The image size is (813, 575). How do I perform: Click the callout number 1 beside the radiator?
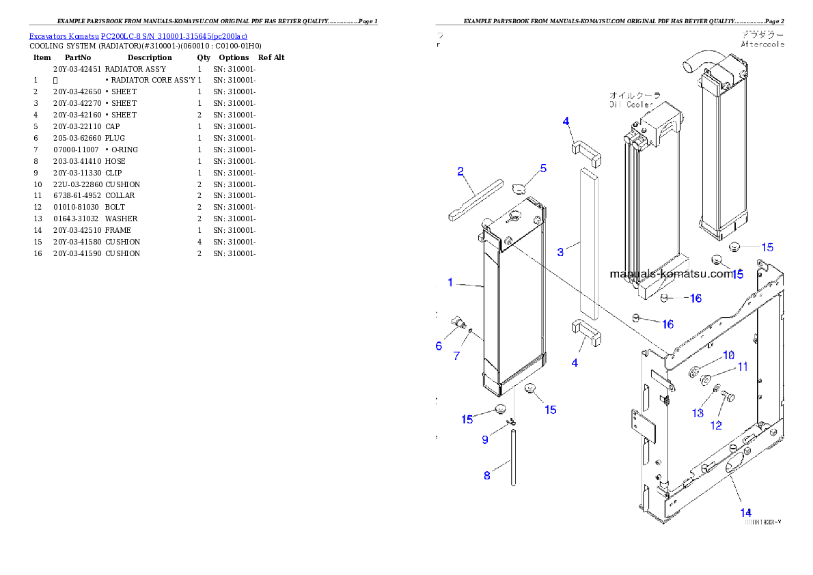point(450,282)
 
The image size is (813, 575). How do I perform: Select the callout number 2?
point(461,171)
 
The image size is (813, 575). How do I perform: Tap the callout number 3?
point(561,252)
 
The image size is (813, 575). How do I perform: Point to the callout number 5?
point(543,168)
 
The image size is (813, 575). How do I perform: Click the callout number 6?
point(439,346)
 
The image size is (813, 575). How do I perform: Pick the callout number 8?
point(487,475)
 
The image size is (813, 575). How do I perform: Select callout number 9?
point(485,439)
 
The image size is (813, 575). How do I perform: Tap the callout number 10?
point(728,355)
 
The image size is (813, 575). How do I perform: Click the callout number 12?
point(716,425)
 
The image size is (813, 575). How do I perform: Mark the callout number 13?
point(698,413)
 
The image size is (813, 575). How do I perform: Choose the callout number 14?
point(746,512)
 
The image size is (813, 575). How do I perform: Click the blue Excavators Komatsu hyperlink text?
point(138,36)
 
